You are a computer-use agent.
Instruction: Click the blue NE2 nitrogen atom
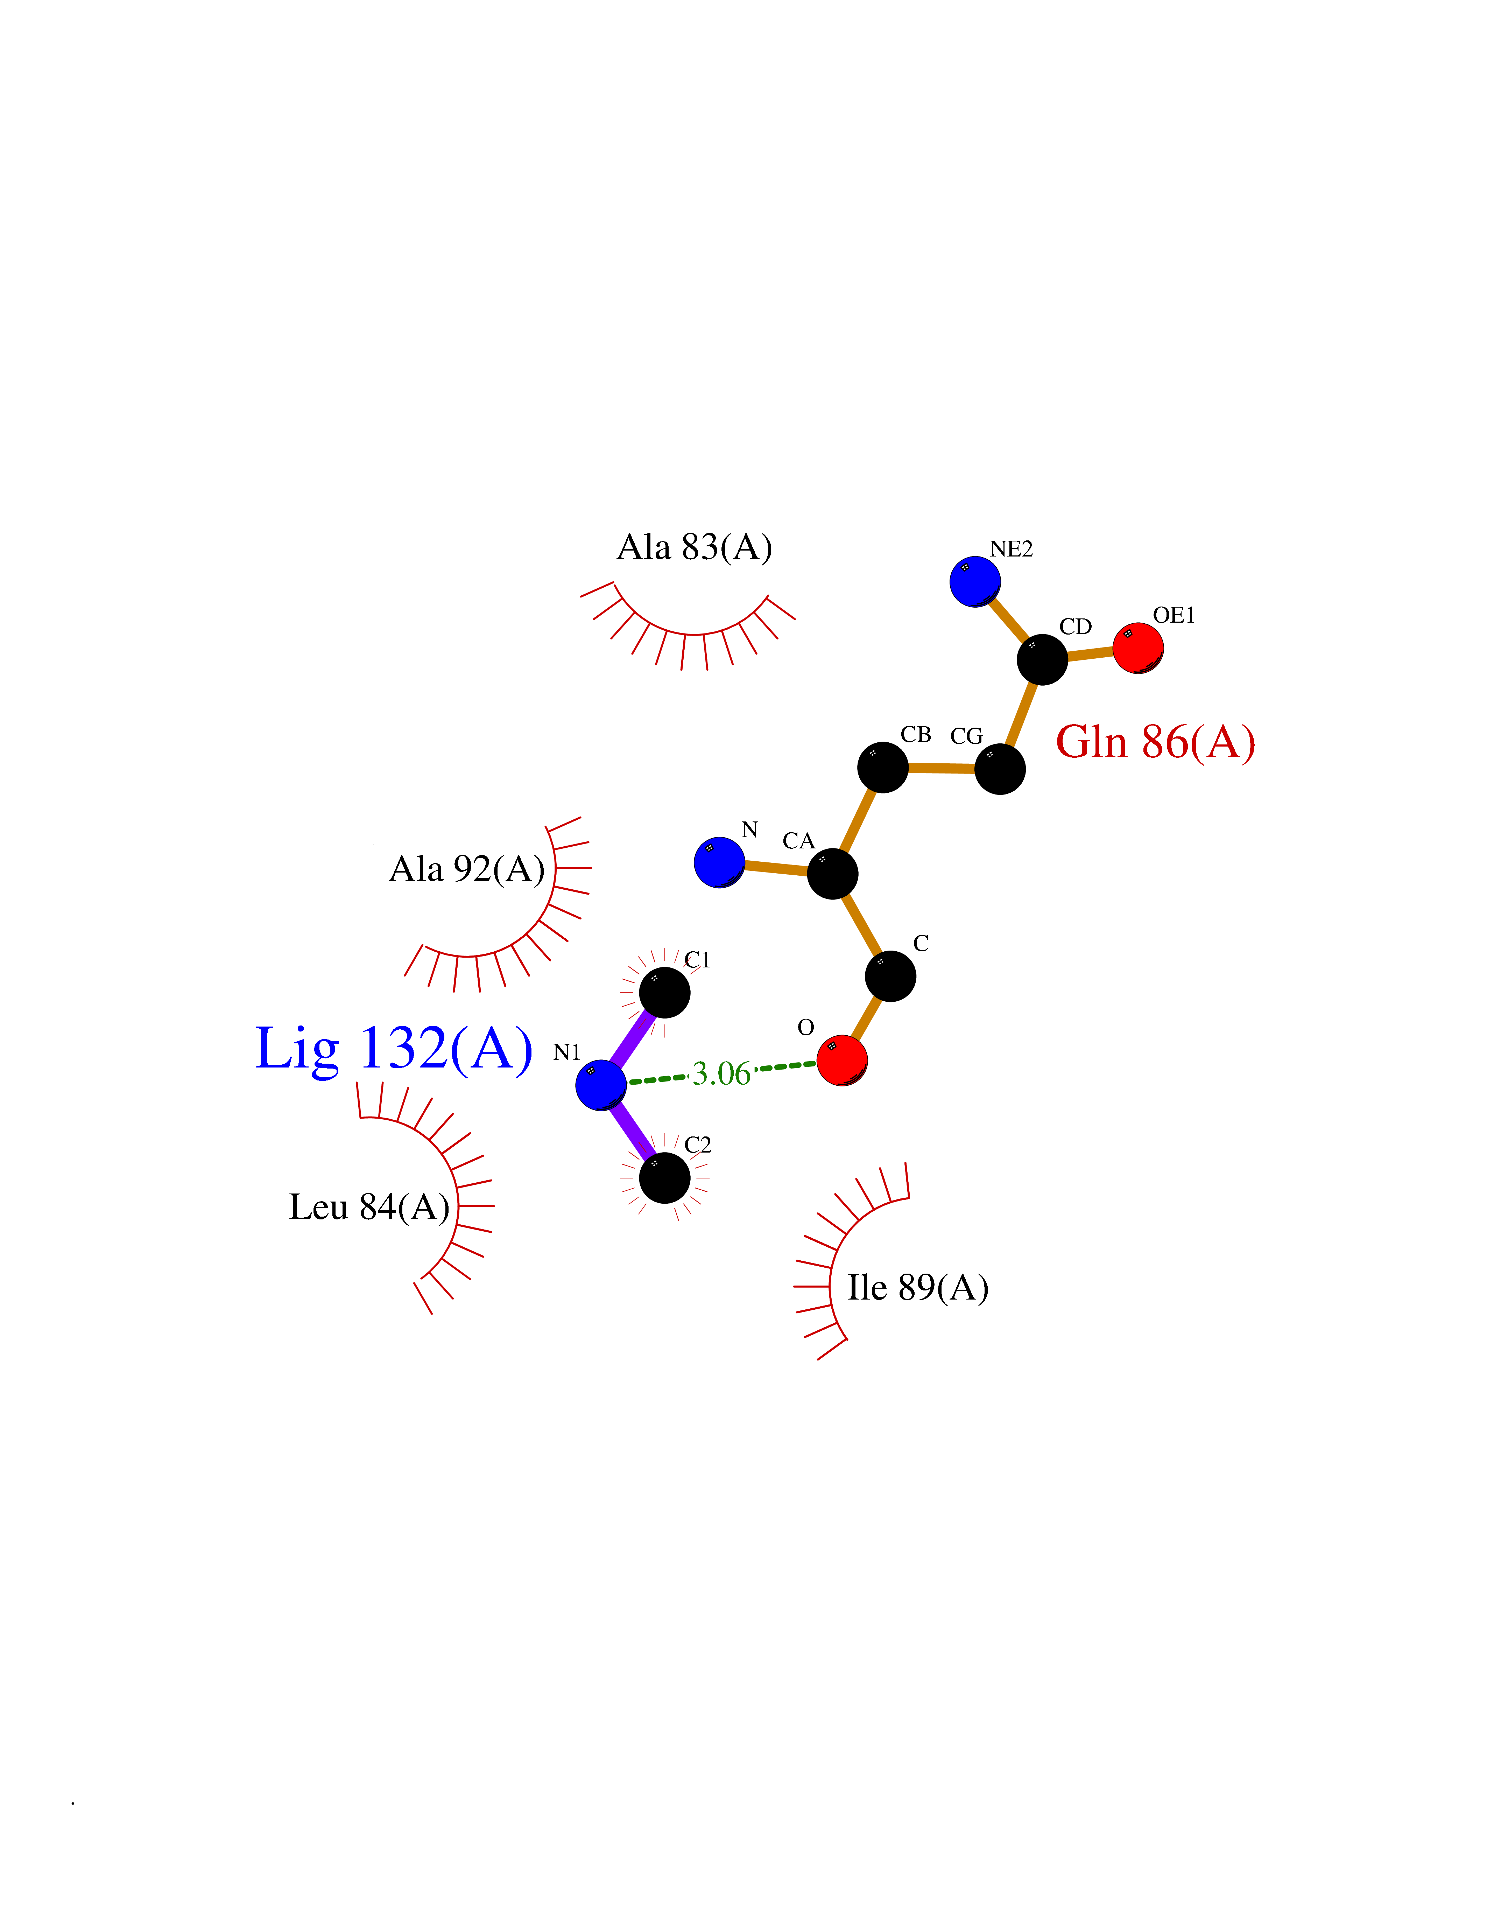pyautogui.click(x=974, y=581)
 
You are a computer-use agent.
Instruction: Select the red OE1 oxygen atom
pyautogui.click(x=1137, y=648)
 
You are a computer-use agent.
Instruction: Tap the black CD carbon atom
pyautogui.click(x=1042, y=659)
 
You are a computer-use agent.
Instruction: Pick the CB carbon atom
pyautogui.click(x=883, y=767)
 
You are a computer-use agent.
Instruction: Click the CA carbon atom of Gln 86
pyautogui.click(x=832, y=874)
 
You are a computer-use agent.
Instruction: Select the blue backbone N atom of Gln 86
pyautogui.click(x=720, y=862)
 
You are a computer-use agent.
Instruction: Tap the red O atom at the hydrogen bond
pyautogui.click(x=842, y=1060)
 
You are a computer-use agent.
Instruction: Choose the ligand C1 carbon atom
pyautogui.click(x=664, y=993)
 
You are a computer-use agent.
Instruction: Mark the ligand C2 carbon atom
pyautogui.click(x=664, y=1177)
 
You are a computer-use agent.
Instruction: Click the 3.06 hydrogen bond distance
pyautogui.click(x=721, y=1073)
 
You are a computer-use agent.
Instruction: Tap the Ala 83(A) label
pyautogui.click(x=694, y=547)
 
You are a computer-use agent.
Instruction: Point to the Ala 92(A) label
pyautogui.click(x=467, y=869)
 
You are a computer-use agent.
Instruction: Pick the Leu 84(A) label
pyautogui.click(x=369, y=1207)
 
